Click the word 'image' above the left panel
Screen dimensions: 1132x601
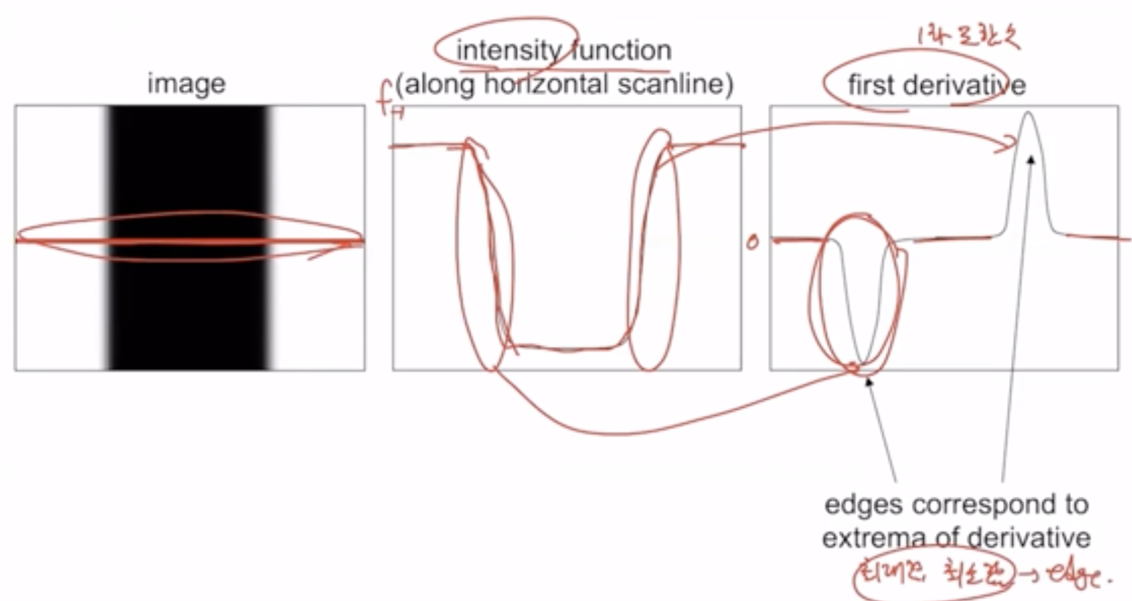click(186, 84)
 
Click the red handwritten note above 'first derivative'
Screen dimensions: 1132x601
click(968, 38)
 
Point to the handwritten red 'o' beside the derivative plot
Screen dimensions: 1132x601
click(752, 242)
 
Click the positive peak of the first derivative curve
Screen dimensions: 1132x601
click(1028, 114)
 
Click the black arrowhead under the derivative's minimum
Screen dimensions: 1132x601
click(868, 381)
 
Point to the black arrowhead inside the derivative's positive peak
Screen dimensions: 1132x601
click(1031, 159)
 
